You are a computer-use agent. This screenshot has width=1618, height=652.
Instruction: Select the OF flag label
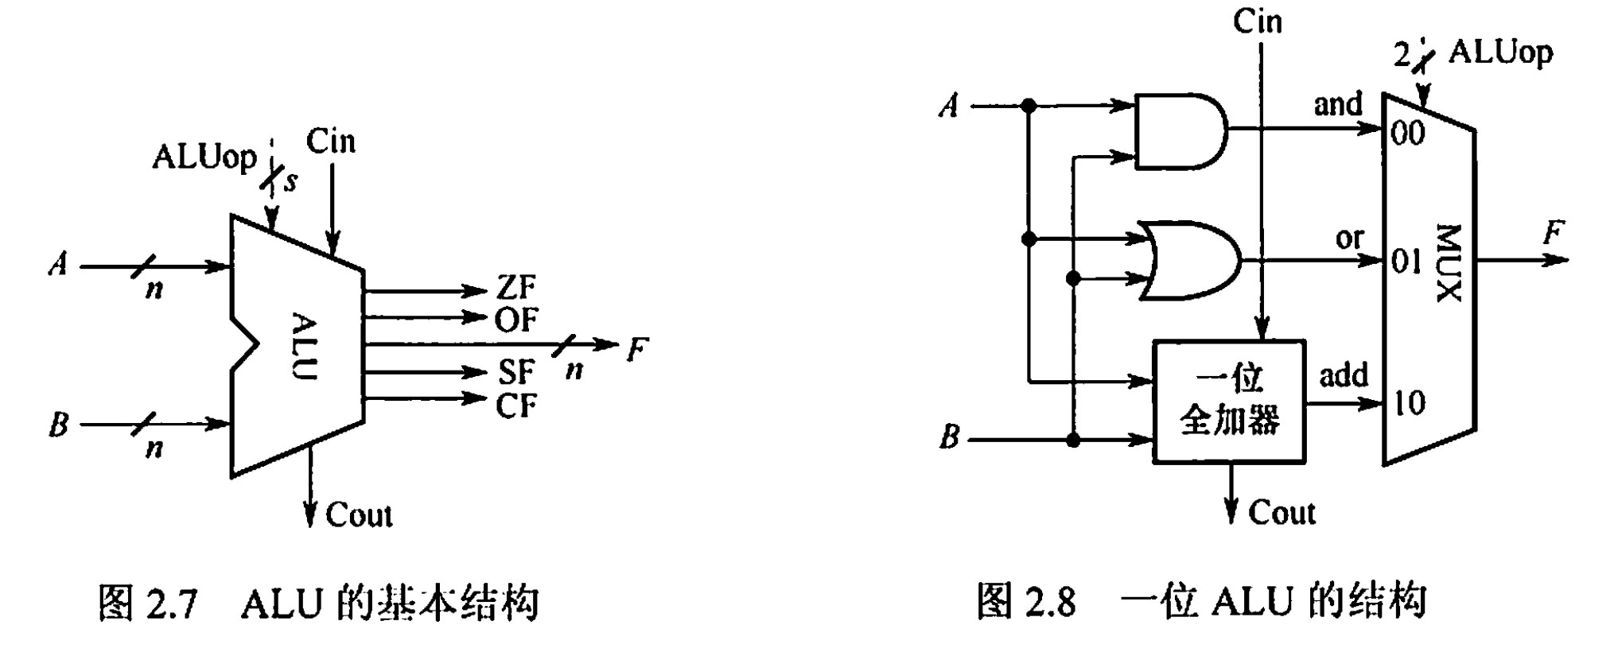click(x=515, y=320)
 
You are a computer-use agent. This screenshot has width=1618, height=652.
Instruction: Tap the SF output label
click(x=515, y=372)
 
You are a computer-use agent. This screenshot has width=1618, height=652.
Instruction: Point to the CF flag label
click(x=515, y=406)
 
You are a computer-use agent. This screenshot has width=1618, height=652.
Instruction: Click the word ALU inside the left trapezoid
click(x=304, y=347)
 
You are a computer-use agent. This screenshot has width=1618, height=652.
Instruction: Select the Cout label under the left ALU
click(x=359, y=515)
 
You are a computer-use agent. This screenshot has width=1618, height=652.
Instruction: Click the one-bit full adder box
click(x=1229, y=402)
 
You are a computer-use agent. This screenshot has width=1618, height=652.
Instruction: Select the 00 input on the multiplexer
click(x=1407, y=133)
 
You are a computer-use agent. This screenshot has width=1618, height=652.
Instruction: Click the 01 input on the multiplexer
click(x=1406, y=261)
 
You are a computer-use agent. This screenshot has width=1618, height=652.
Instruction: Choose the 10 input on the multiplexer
click(x=1408, y=403)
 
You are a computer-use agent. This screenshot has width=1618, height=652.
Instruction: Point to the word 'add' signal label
click(x=1344, y=375)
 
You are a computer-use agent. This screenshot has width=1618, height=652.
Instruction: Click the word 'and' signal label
click(x=1338, y=104)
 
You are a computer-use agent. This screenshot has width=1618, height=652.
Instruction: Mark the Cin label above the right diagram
click(x=1258, y=21)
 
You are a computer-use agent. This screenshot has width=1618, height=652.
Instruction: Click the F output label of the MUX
click(x=1552, y=234)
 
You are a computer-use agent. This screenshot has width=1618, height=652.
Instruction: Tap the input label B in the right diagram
click(x=950, y=437)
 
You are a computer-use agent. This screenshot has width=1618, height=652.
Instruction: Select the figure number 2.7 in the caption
click(x=170, y=603)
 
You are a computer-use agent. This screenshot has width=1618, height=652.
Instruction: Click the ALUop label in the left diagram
click(x=204, y=157)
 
